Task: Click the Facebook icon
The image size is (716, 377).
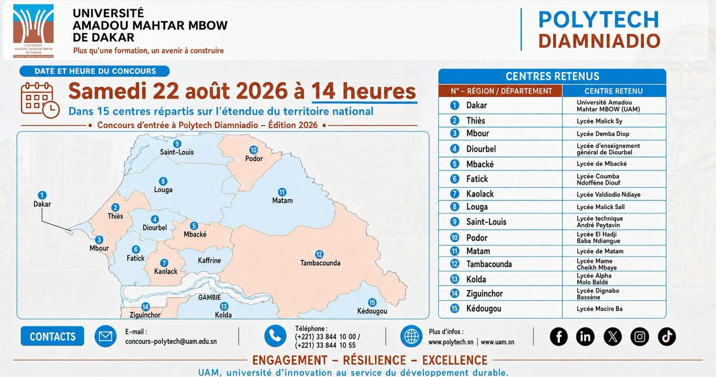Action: pos(559,336)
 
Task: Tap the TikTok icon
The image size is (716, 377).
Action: pos(667,336)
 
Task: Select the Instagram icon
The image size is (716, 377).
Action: pos(639,336)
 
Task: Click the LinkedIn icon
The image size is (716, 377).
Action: pos(585,336)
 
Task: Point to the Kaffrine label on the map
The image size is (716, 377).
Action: pos(209,260)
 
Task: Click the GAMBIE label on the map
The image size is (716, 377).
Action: pos(209,297)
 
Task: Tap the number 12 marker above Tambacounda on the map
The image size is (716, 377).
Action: pos(319,254)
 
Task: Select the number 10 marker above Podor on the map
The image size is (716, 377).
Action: pos(253,150)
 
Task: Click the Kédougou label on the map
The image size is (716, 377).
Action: pos(372,311)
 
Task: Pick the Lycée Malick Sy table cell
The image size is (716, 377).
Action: pos(599,121)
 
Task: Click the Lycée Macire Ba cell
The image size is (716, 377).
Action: pos(599,309)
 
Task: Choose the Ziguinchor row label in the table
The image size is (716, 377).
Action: pos(484,294)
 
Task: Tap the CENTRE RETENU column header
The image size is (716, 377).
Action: pos(614,91)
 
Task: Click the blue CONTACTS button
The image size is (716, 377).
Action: pos(52,336)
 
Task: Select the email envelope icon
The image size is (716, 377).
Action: pos(106,336)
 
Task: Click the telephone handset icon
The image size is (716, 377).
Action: pos(275,336)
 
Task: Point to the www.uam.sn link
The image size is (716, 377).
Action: pos(497,342)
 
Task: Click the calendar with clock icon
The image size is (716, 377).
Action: pos(40,100)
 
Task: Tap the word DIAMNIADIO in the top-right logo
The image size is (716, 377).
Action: pos(600,41)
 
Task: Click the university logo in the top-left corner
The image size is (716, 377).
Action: pos(33,31)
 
